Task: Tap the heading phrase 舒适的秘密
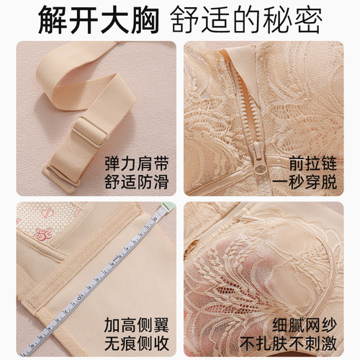(246, 19)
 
